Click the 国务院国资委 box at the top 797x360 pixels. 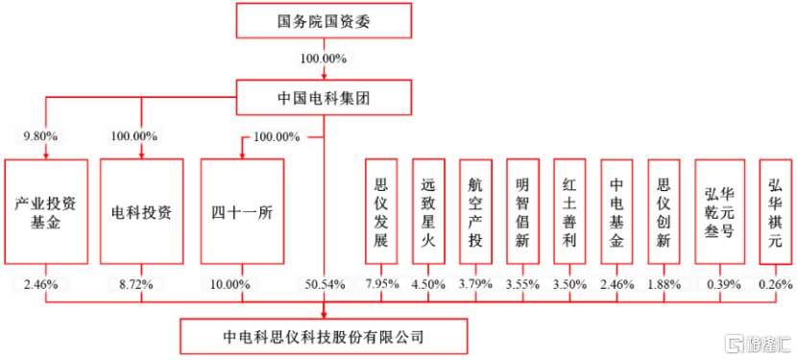click(323, 20)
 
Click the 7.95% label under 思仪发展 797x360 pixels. click(381, 284)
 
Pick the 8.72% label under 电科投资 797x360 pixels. click(141, 284)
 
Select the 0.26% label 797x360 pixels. click(775, 284)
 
